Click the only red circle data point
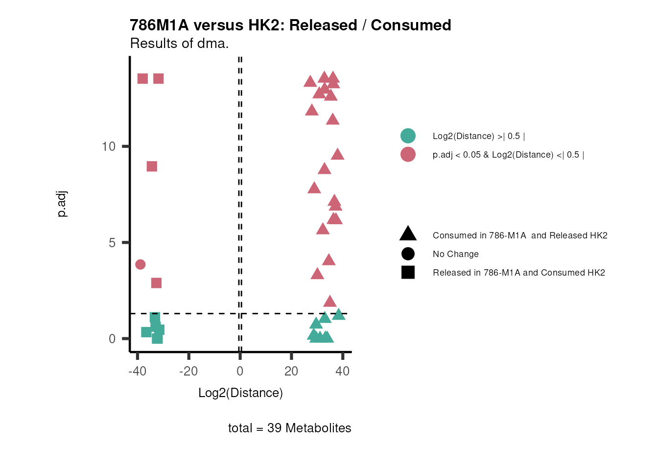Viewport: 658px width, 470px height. pyautogui.click(x=141, y=264)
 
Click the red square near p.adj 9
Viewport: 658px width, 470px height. pyautogui.click(x=152, y=166)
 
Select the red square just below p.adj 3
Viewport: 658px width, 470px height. pyautogui.click(x=156, y=283)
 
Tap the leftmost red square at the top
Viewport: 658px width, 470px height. pyautogui.click(x=142, y=79)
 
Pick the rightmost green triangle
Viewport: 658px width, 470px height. pyautogui.click(x=339, y=314)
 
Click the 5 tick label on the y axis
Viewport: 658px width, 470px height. pyautogui.click(x=112, y=243)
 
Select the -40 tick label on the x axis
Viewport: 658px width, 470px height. pyautogui.click(x=137, y=371)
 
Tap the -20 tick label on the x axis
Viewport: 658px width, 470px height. pyautogui.click(x=188, y=371)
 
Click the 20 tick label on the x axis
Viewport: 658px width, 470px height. pyautogui.click(x=291, y=371)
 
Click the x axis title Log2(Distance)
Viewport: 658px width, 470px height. pyautogui.click(x=240, y=393)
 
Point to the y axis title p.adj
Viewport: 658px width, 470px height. pyautogui.click(x=62, y=204)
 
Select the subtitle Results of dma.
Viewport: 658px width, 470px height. pyautogui.click(x=179, y=44)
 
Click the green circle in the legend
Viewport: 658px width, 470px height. pyautogui.click(x=408, y=136)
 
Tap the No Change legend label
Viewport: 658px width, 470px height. pyautogui.click(x=455, y=254)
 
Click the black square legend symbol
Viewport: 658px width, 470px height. pyautogui.click(x=408, y=272)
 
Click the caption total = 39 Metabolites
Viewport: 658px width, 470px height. pyautogui.click(x=289, y=428)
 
